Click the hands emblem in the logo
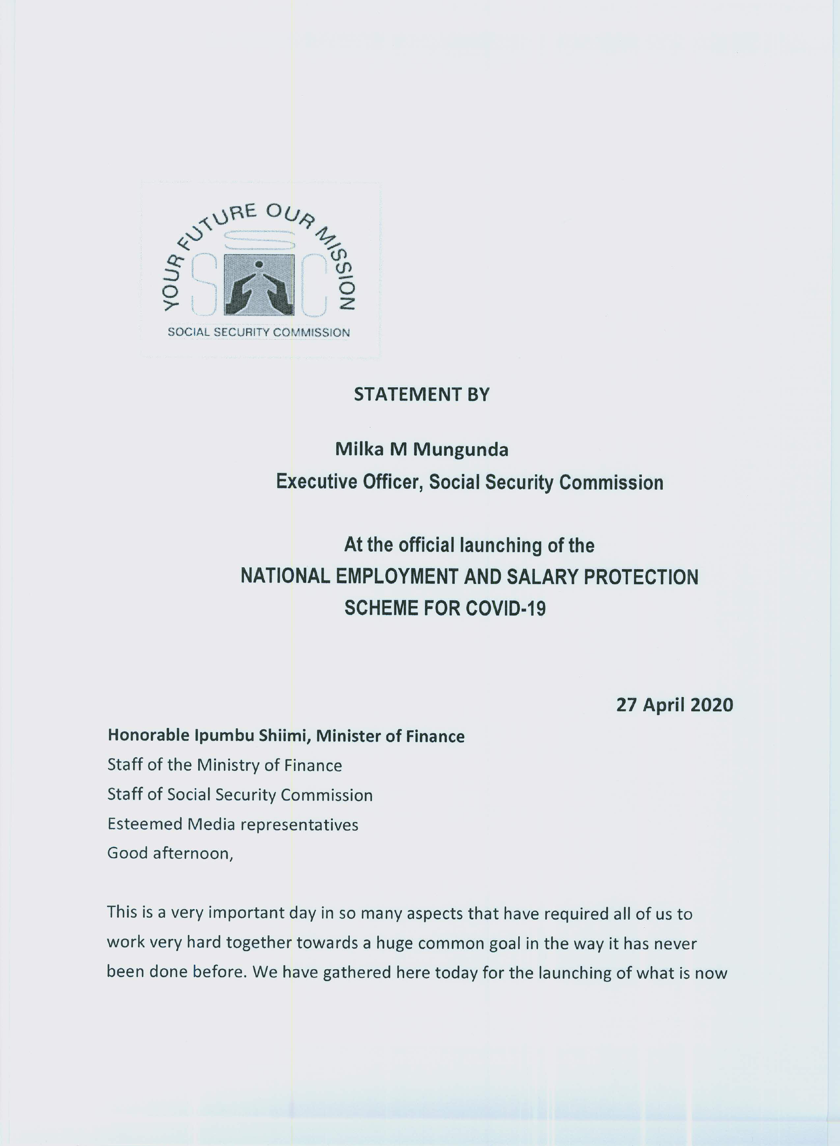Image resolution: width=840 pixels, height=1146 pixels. pos(259,286)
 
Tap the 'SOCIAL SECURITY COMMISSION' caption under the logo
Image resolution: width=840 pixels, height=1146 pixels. pos(259,332)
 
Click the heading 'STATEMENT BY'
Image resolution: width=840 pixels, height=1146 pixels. pos(422,394)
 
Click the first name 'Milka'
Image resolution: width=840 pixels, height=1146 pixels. pos(355,450)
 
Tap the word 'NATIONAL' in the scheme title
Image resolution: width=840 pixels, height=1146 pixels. pos(285,577)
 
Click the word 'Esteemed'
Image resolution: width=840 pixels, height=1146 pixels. pos(144,824)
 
